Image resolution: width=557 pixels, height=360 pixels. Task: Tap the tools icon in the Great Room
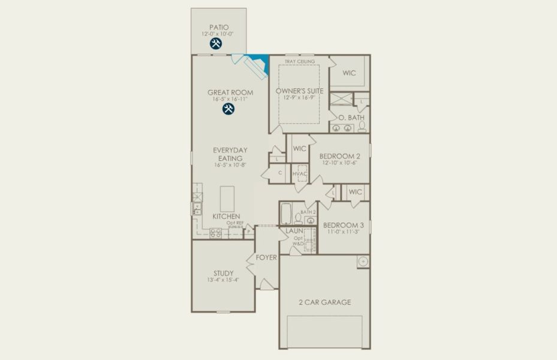[x=228, y=109]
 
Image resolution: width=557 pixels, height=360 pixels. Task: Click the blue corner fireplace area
[x=260, y=62]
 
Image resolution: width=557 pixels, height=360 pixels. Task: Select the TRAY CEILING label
[x=299, y=61]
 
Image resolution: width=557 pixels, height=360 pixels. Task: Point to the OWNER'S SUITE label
[x=299, y=91]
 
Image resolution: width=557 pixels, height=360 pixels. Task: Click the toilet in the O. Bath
[x=362, y=127]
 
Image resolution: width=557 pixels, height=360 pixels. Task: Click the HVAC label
[x=300, y=173]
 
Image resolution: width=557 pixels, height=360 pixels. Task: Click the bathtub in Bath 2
[x=287, y=214]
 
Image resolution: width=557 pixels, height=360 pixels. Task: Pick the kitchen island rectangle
[x=228, y=199]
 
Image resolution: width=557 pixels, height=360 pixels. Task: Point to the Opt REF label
[x=234, y=223]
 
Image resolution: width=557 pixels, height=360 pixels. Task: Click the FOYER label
[x=266, y=257]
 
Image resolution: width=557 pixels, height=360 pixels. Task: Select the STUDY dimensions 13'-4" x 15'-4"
[x=222, y=280]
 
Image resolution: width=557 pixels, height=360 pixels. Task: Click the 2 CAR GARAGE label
[x=324, y=302]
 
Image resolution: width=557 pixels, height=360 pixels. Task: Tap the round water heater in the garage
[x=362, y=261]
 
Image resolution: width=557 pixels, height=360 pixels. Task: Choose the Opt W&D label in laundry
[x=298, y=241]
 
